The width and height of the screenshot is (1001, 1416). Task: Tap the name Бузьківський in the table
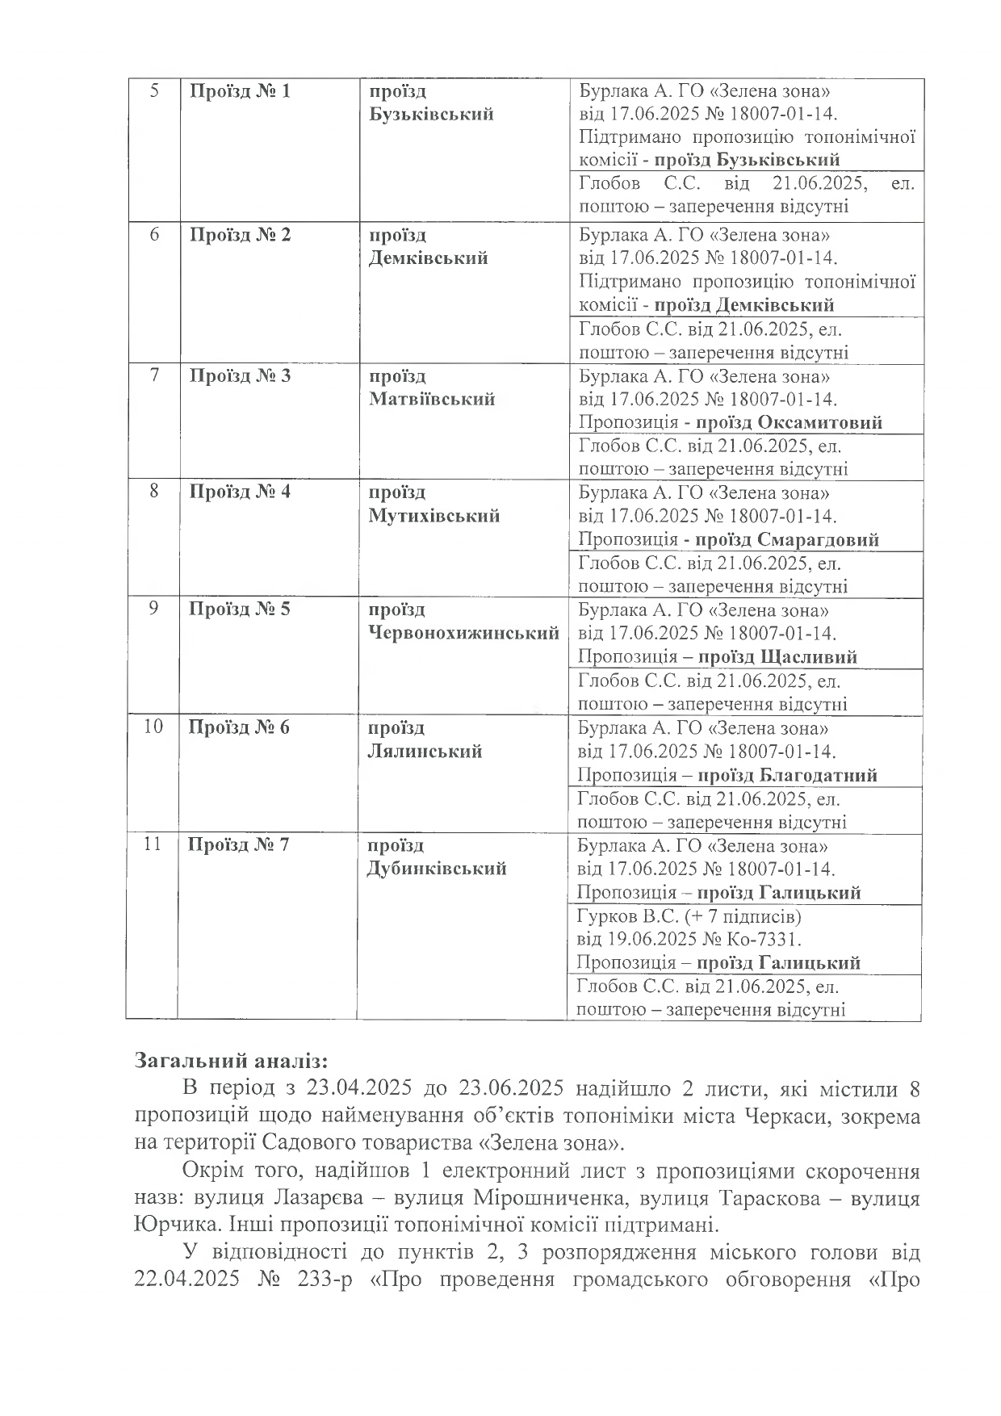pos(431,114)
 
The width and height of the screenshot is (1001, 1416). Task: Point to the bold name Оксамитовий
pos(820,422)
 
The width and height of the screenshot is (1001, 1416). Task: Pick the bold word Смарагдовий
pos(819,539)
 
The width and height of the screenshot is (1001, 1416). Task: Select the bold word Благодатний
pos(819,775)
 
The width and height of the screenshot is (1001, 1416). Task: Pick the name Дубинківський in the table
pos(437,869)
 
